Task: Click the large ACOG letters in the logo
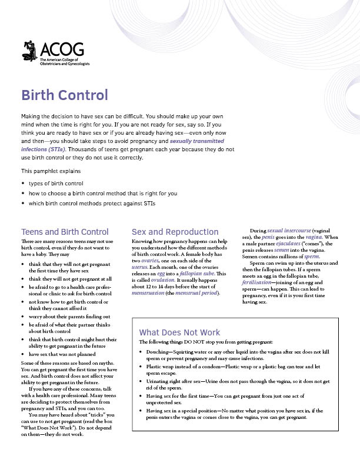pos(61,49)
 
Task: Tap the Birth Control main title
pos(65,95)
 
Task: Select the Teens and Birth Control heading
pos(65,232)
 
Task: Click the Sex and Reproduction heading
pos(175,232)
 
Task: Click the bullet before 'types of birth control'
pos(23,184)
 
